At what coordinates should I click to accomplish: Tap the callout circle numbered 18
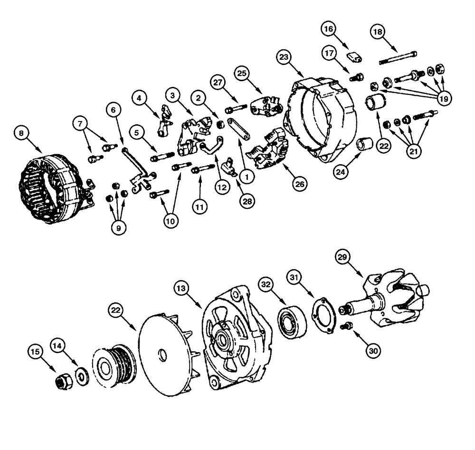tap(378, 33)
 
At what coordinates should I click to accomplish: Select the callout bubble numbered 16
tap(328, 29)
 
